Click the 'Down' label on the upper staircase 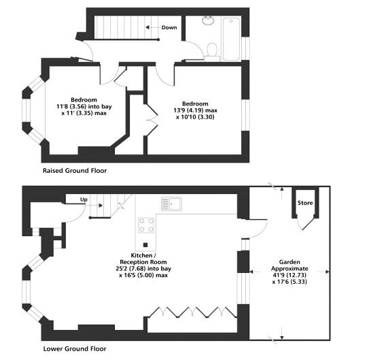[x=169, y=28]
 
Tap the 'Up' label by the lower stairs [x=84, y=199]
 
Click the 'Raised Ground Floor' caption [x=75, y=170]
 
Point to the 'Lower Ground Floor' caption [x=75, y=348]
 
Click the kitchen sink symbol [x=170, y=203]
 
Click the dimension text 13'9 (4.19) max [x=196, y=110]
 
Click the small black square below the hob [x=146, y=244]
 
